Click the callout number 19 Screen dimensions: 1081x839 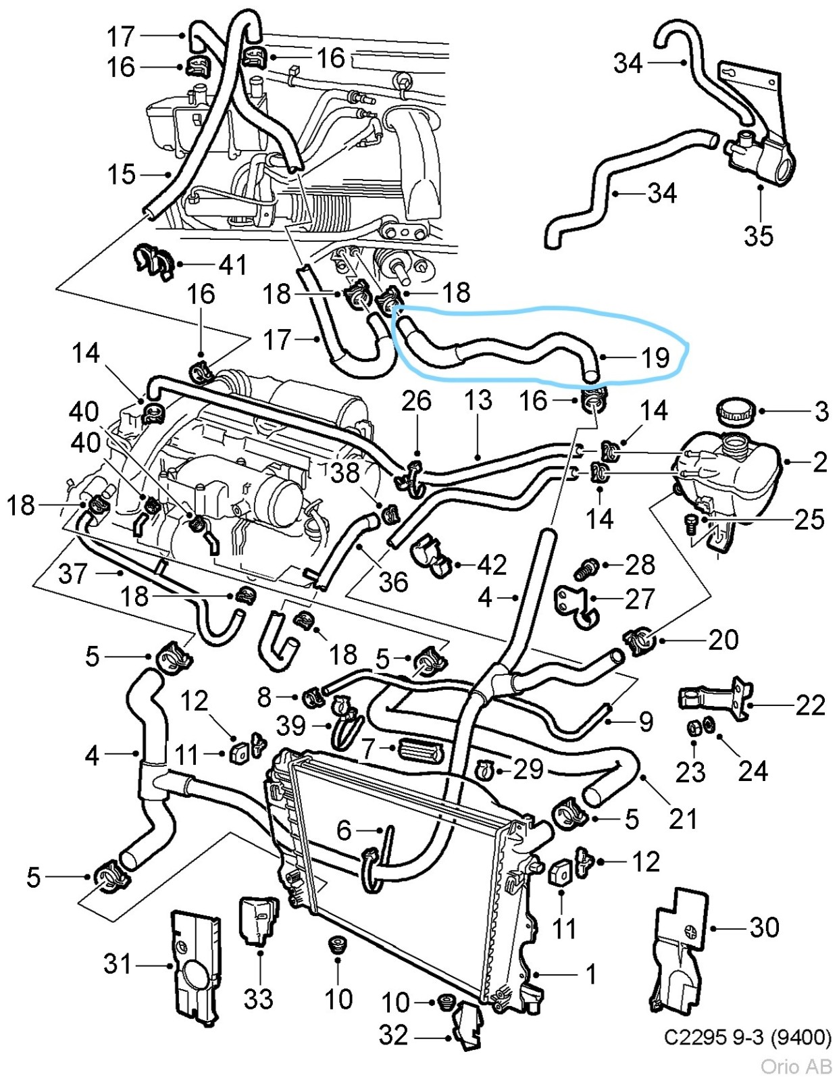click(655, 358)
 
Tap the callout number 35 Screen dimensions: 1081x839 click(758, 236)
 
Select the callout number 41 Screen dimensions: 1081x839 click(233, 264)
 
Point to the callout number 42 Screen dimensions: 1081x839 click(491, 565)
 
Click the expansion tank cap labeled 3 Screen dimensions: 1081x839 click(734, 410)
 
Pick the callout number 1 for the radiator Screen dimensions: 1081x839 click(591, 974)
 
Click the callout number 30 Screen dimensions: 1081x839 click(764, 928)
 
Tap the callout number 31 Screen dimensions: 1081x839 click(118, 964)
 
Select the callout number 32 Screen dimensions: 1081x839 click(393, 1035)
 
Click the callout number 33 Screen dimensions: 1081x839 click(257, 999)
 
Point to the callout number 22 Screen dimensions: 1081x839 click(811, 705)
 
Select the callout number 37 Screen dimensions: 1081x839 click(73, 574)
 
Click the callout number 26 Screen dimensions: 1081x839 click(416, 401)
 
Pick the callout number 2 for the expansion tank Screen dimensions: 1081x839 click(819, 462)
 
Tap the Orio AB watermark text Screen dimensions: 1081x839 click(796, 1067)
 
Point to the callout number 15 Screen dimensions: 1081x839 click(122, 174)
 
